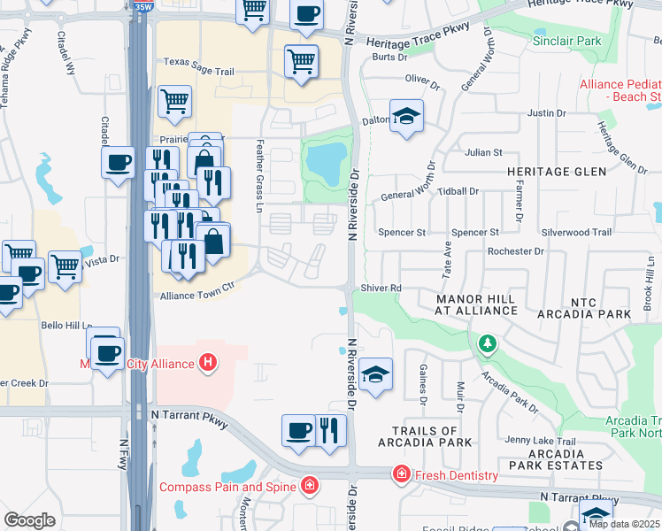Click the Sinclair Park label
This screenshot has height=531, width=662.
pyautogui.click(x=566, y=42)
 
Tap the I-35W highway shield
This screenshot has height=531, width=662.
pyautogui.click(x=139, y=5)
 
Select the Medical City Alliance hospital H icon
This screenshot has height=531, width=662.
pyautogui.click(x=208, y=362)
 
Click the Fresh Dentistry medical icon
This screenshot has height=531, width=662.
pyautogui.click(x=402, y=475)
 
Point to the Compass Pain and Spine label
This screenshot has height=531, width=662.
pyautogui.click(x=229, y=486)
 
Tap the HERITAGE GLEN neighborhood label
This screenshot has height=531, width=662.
pyautogui.click(x=556, y=171)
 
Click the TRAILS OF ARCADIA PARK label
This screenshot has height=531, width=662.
pyautogui.click(x=424, y=435)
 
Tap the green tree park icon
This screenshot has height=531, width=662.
pyautogui.click(x=485, y=343)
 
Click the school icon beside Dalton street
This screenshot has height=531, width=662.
pyautogui.click(x=406, y=116)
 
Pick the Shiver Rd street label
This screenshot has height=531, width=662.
pyautogui.click(x=381, y=289)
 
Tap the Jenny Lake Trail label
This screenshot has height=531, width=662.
pyautogui.click(x=540, y=441)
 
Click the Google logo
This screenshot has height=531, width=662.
pyautogui.click(x=30, y=520)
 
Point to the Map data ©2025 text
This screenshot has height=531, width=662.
pyautogui.click(x=624, y=524)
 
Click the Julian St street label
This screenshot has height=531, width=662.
pyautogui.click(x=484, y=152)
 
